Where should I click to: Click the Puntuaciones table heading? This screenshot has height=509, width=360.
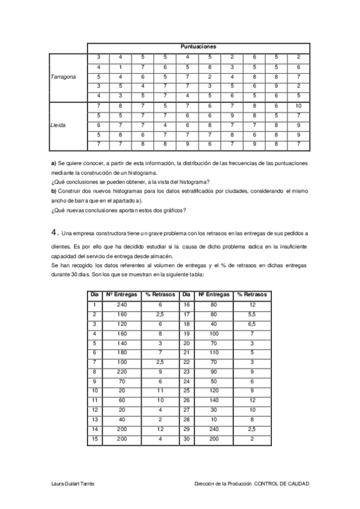[x=199, y=46]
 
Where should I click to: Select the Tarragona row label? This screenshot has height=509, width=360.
[x=63, y=76]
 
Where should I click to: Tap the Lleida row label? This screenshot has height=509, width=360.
[x=58, y=125]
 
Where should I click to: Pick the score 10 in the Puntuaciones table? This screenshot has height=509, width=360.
[x=299, y=106]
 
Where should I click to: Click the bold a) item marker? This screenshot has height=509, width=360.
[x=53, y=163]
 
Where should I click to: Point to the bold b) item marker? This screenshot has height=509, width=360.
[x=53, y=190]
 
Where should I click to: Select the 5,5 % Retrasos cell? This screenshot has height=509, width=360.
[x=252, y=314]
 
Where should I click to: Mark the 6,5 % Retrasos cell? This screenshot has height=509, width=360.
[x=252, y=324]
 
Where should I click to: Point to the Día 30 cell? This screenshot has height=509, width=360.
[x=187, y=439]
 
